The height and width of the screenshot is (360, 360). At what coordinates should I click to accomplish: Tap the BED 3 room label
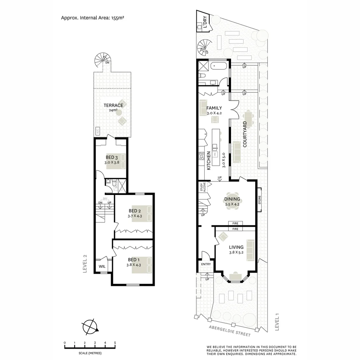pyautogui.click(x=112, y=157)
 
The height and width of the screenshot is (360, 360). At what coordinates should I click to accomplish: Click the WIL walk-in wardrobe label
pyautogui.click(x=102, y=267)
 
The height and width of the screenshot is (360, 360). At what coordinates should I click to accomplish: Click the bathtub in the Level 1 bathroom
pyautogui.click(x=219, y=66)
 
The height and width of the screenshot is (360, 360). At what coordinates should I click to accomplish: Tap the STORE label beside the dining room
pyautogui.click(x=260, y=201)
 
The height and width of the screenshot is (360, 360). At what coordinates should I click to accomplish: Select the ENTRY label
pyautogui.click(x=206, y=264)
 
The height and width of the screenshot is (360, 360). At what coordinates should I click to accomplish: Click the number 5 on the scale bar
pyautogui.click(x=115, y=343)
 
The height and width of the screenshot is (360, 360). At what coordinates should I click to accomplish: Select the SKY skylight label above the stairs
pyautogui.click(x=105, y=199)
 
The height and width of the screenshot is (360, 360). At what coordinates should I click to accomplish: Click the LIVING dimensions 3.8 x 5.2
pyautogui.click(x=236, y=253)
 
